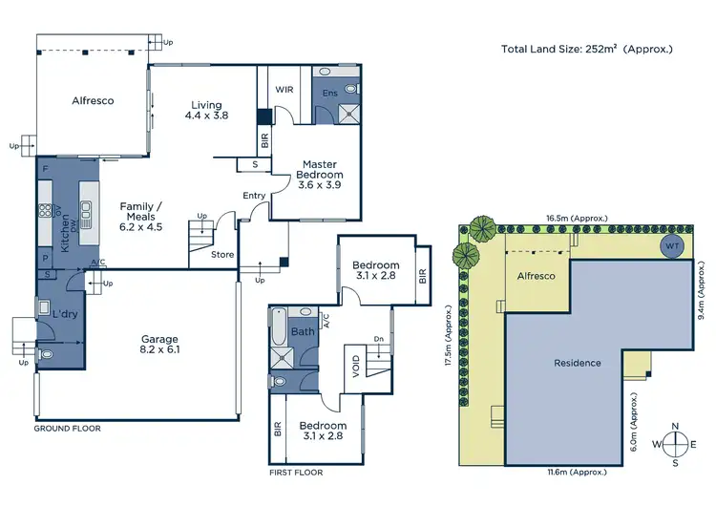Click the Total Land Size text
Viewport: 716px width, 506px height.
[587, 49]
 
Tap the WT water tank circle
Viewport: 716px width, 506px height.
[674, 246]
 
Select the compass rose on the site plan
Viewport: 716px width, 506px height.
[675, 444]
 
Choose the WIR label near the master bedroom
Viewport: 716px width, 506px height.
[284, 89]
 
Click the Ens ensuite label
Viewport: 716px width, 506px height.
[329, 93]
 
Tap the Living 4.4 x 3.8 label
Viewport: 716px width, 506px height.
[206, 110]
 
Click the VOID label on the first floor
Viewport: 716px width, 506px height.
[356, 367]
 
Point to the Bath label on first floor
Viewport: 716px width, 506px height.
[303, 332]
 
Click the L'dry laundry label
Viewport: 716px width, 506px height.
[65, 314]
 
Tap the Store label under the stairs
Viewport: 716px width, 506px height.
[222, 254]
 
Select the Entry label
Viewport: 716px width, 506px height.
[254, 196]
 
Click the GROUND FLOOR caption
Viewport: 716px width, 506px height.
[67, 429]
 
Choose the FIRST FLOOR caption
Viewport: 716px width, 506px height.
[295, 473]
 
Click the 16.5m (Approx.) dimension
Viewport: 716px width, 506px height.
[577, 219]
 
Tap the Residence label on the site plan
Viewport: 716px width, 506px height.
[578, 363]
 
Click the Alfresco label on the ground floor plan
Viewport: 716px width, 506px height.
[93, 99]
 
